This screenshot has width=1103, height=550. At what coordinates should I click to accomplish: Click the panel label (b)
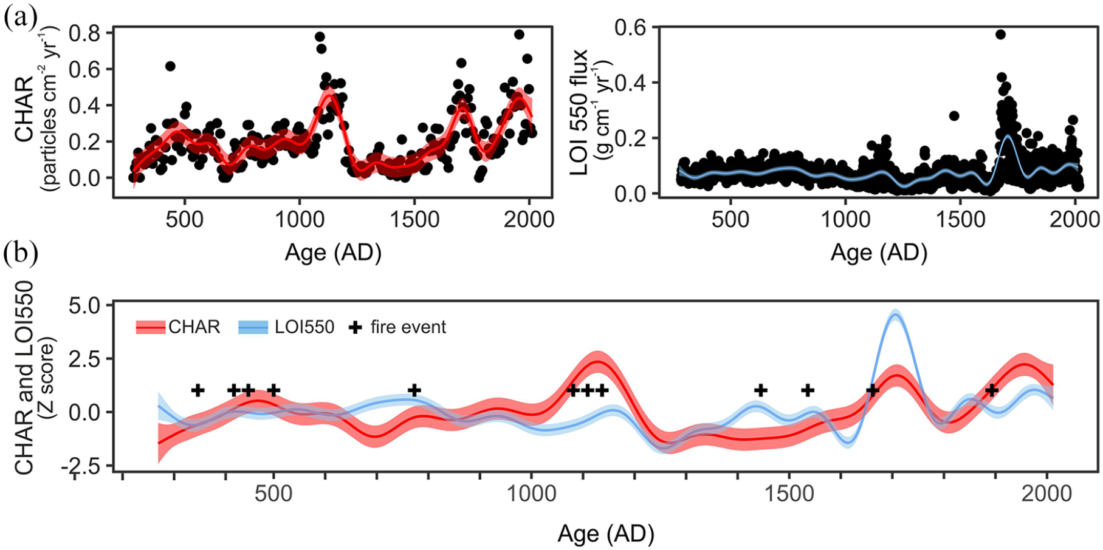point(21,255)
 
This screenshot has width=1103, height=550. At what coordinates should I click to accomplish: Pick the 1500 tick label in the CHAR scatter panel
point(414,219)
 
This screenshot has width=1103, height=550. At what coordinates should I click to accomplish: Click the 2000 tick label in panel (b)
point(1047,493)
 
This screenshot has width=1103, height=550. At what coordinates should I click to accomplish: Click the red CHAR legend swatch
point(150,327)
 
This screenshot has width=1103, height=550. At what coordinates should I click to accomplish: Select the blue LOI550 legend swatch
point(254,327)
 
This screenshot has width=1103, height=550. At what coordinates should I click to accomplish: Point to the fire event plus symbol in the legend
point(355,327)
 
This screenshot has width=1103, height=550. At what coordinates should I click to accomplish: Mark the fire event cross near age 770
point(414,390)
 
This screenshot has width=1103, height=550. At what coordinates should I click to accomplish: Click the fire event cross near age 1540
point(807,390)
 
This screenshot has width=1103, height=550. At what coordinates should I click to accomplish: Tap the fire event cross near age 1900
point(991,390)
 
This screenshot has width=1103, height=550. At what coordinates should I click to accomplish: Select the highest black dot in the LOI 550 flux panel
point(1000,35)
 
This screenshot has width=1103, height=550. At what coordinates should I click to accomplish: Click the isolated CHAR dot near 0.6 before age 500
point(170,66)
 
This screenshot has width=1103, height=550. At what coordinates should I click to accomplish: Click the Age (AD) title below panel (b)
point(606,534)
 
